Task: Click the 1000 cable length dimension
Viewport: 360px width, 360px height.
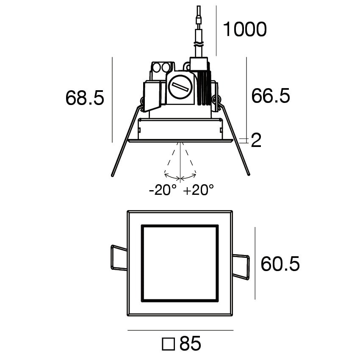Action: (x=245, y=29)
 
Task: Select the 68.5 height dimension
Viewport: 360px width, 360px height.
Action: (x=85, y=98)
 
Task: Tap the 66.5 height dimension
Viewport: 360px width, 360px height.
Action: (x=271, y=96)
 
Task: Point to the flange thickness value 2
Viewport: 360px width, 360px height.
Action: (x=256, y=140)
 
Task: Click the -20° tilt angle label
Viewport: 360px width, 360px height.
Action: (x=163, y=190)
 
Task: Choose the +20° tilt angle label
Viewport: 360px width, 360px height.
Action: (x=199, y=190)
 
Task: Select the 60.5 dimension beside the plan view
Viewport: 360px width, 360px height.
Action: (x=280, y=264)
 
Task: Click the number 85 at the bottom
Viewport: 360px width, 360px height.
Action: (x=190, y=343)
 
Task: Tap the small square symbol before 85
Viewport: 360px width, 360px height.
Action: (x=168, y=344)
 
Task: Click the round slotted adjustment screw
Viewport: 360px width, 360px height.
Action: (x=180, y=87)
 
